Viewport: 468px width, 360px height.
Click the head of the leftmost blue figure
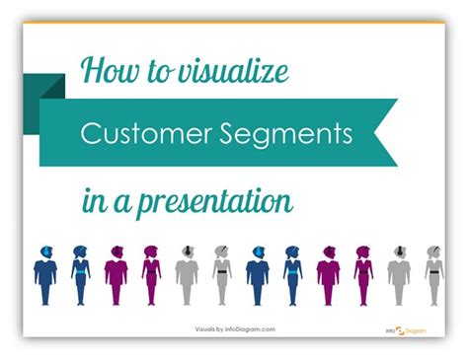pos(45,253)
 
